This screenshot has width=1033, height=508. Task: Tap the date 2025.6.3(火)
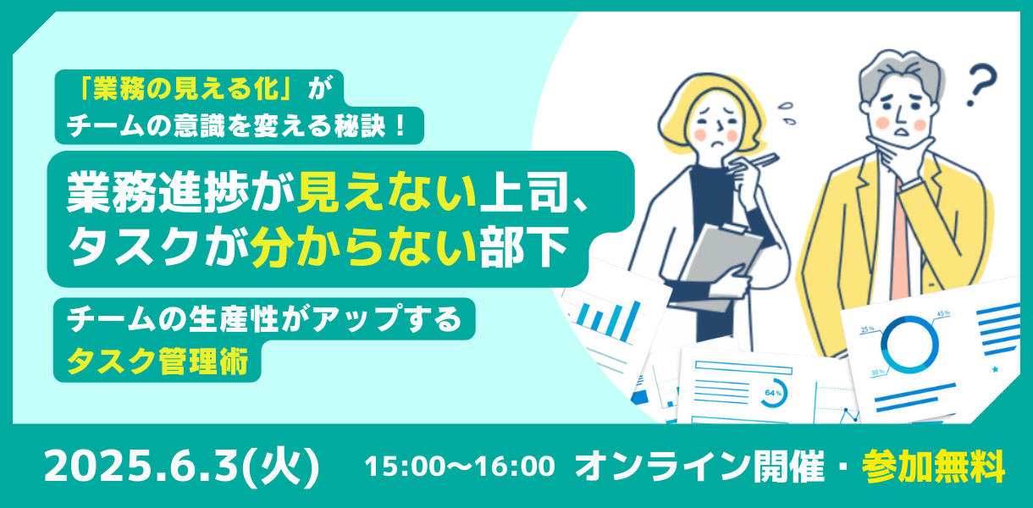click(x=182, y=466)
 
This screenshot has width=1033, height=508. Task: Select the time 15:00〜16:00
click(x=460, y=466)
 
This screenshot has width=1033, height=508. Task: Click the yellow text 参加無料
click(x=933, y=466)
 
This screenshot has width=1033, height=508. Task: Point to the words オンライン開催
click(x=699, y=466)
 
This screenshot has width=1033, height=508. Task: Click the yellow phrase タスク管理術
click(x=158, y=361)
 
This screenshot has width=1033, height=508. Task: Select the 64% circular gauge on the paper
click(x=773, y=393)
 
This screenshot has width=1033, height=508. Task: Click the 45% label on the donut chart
click(x=943, y=313)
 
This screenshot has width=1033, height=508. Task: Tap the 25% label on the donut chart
click(x=867, y=329)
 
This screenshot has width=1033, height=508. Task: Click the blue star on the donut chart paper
click(x=995, y=369)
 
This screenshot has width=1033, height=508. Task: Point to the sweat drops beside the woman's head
click(x=787, y=113)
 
